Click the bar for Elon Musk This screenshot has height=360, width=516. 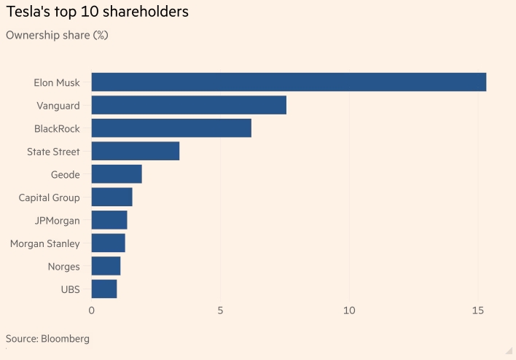[289, 82]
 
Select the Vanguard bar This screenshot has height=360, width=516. [189, 105]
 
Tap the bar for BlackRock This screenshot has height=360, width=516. [171, 128]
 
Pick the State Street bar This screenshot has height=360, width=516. [136, 151]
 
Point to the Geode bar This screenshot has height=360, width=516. [117, 174]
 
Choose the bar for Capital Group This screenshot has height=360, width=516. [112, 197]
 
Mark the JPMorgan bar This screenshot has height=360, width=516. [109, 220]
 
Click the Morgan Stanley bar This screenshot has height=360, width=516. [108, 243]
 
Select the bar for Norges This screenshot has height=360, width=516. [106, 266]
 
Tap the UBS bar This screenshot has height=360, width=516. [104, 289]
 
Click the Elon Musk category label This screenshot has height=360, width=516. [57, 82]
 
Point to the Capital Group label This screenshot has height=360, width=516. [50, 197]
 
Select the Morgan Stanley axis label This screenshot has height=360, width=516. [45, 243]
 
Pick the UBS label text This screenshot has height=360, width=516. [71, 289]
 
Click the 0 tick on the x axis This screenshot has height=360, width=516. [92, 311]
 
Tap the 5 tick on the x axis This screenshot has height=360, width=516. [220, 311]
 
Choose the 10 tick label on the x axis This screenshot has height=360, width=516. [349, 311]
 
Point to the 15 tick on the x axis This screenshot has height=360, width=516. [478, 311]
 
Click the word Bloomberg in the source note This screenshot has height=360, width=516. [67, 339]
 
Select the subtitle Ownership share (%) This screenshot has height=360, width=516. [57, 35]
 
